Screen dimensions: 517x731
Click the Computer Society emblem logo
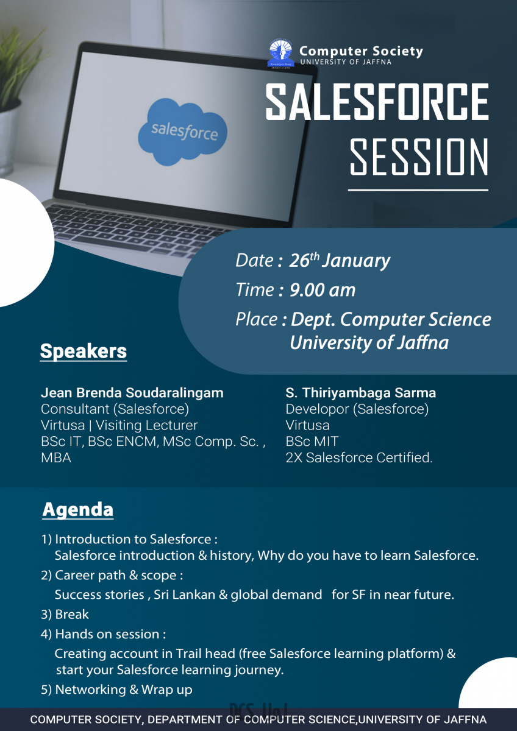click(x=281, y=54)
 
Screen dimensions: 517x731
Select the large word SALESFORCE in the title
click(x=377, y=101)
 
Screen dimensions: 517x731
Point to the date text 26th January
click(x=340, y=261)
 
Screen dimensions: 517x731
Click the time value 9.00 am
click(x=323, y=290)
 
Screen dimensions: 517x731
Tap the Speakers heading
click(x=84, y=351)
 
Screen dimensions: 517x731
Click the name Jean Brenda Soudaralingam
click(x=132, y=392)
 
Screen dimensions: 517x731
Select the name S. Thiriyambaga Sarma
click(x=360, y=392)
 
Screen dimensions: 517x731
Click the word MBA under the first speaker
click(x=56, y=457)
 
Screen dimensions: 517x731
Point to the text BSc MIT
click(x=312, y=441)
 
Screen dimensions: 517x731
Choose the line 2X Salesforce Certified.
click(x=359, y=457)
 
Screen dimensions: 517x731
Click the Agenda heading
click(x=77, y=509)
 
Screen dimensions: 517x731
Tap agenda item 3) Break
click(x=65, y=614)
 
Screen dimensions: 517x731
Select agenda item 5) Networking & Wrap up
click(x=116, y=689)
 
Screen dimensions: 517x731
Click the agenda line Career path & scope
click(x=112, y=575)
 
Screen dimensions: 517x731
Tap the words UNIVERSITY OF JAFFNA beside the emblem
click(x=346, y=62)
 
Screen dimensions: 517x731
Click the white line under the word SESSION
click(x=418, y=189)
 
